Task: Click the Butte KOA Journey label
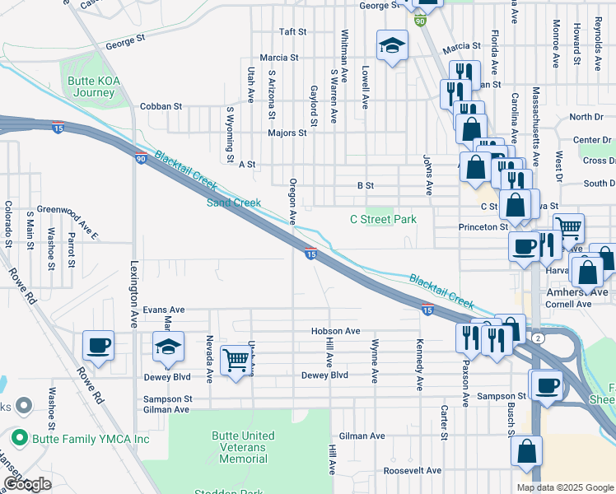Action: pos(86,87)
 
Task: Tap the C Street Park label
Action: pos(383,219)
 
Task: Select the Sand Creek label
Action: pos(233,203)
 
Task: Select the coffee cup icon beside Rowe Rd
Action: pos(99,346)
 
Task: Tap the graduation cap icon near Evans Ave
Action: pos(169,347)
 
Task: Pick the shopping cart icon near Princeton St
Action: pos(568,227)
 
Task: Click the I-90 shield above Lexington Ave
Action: pos(141,157)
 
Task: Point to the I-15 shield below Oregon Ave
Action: pos(311,255)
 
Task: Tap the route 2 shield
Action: pos(536,338)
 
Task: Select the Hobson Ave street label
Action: pos(336,331)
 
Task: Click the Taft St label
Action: pos(292,32)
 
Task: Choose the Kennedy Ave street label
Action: pos(420,364)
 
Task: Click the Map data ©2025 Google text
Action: pos(565,487)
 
